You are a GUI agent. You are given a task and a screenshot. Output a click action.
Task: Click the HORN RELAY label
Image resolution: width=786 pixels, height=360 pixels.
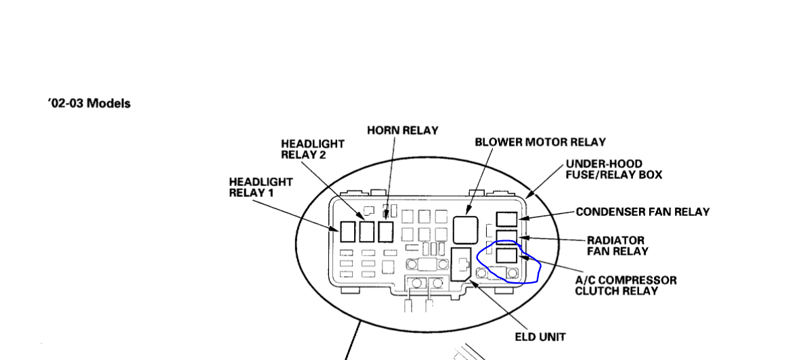tap(402, 130)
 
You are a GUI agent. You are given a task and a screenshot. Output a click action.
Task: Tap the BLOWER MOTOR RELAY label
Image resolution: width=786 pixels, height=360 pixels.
tap(540, 142)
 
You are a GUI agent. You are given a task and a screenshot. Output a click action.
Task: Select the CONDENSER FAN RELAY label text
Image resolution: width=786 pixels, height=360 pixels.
tap(642, 212)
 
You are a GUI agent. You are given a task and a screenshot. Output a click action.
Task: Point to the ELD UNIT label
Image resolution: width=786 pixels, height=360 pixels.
tap(540, 336)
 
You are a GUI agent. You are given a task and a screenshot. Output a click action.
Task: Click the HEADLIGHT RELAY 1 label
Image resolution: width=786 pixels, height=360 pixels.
tap(261, 187)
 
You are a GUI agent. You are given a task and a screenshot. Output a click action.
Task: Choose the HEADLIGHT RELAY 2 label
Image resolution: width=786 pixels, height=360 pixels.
tap(312, 149)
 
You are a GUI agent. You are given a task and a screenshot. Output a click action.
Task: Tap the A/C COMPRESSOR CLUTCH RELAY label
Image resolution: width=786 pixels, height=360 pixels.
tap(625, 286)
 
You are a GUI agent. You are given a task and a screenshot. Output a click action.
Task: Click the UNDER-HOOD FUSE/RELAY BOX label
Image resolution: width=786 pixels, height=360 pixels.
tap(613, 169)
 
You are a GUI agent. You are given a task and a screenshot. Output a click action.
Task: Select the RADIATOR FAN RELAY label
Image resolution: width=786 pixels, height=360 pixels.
tap(617, 246)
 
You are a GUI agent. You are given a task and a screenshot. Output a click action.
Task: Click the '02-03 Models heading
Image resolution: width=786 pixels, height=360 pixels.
tap(89, 104)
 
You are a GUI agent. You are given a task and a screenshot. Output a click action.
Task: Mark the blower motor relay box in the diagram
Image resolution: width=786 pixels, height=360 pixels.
tap(465, 229)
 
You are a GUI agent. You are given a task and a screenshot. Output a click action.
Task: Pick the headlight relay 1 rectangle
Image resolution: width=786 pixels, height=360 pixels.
tap(347, 231)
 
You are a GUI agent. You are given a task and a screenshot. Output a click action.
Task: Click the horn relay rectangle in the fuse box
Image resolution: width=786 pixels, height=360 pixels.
tap(385, 231)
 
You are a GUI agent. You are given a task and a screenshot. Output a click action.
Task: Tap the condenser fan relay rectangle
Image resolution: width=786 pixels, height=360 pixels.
tap(506, 219)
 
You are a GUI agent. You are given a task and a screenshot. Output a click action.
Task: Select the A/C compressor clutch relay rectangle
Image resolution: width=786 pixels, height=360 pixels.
tap(506, 256)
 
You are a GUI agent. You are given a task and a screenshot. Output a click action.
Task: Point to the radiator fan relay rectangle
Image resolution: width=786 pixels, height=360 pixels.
tap(506, 237)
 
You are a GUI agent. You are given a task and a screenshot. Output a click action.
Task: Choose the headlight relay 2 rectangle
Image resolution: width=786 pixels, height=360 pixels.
tap(366, 231)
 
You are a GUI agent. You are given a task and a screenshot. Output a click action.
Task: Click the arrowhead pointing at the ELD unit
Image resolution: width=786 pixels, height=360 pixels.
tap(473, 284)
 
